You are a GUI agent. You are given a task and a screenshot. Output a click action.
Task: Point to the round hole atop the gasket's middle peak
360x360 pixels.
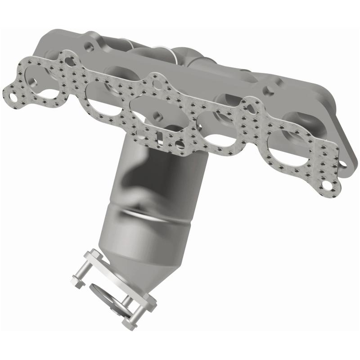pos(156,84)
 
